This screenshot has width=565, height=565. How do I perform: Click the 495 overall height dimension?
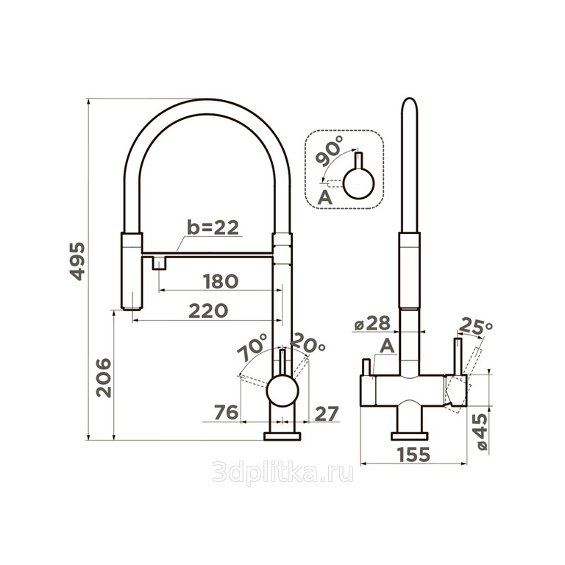pos(77,261)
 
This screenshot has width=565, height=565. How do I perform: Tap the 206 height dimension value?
pos(104,377)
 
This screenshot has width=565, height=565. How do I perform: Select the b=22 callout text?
pos(213,228)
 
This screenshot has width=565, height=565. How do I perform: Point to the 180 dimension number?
pos(221,282)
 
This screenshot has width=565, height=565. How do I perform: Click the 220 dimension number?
pos(208,310)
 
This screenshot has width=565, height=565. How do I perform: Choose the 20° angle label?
pos(308,343)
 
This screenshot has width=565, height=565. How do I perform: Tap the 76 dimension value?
pos(226,413)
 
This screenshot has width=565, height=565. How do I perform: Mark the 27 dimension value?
pos(327,413)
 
